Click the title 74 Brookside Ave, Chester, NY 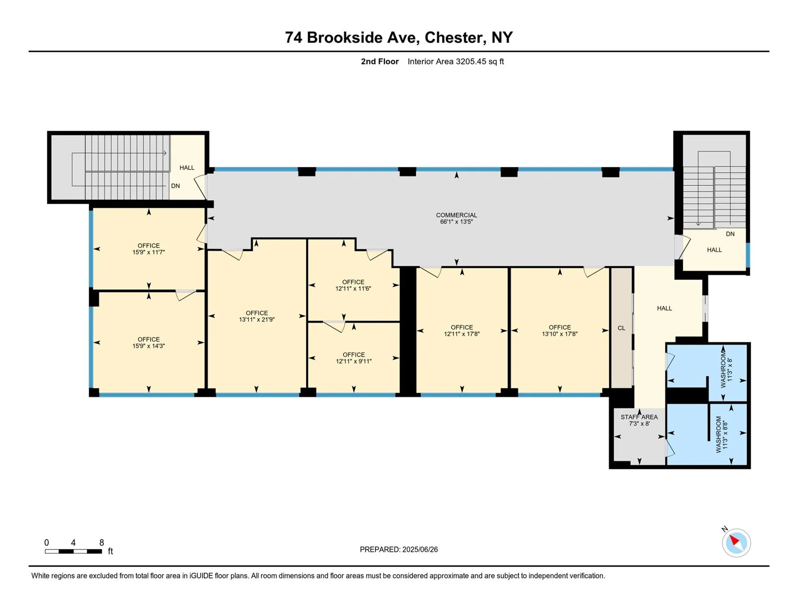coord(399,37)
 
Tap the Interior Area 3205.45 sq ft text coord(456,61)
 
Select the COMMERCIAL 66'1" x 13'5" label coord(456,218)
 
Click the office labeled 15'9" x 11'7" coord(149,249)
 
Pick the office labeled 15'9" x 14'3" coord(149,342)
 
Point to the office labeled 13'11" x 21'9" coord(256,316)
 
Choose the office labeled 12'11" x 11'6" coord(353,285)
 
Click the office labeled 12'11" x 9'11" coord(354,358)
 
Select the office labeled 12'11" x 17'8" coord(462,330)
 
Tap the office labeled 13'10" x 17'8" coord(560,330)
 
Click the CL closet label coord(621,328)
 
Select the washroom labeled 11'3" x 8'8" coord(721,434)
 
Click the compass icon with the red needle coord(736,543)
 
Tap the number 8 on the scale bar coord(102,543)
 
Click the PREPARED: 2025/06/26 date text coord(399,549)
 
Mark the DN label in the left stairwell coord(175,186)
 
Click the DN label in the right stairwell coord(730,234)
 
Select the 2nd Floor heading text coord(380,61)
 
